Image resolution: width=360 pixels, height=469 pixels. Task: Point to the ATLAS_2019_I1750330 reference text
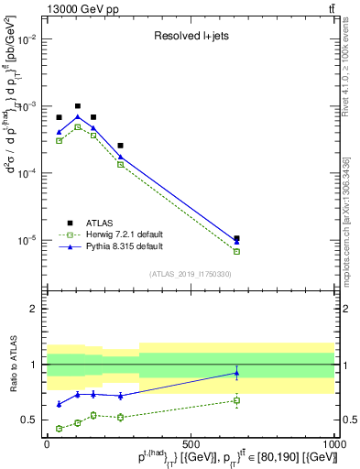[191, 273]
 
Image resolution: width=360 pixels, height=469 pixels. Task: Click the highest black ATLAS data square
[78, 106]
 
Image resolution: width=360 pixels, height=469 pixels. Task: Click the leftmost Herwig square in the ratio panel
[60, 428]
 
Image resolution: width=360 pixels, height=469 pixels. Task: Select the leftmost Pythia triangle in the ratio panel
[60, 404]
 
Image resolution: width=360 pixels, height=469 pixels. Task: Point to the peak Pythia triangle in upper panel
[78, 116]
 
